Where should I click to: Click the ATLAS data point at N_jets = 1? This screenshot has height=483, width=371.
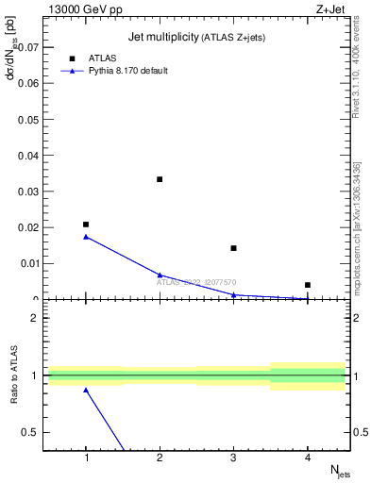[86, 225]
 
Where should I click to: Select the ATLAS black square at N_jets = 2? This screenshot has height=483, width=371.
[160, 179]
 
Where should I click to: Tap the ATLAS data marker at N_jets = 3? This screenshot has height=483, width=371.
[233, 248]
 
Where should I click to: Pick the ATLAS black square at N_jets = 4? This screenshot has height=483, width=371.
[308, 285]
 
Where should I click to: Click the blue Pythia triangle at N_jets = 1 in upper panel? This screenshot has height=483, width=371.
[86, 237]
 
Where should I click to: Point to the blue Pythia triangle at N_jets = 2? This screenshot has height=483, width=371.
[160, 275]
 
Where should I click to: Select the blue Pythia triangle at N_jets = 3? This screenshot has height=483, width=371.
[233, 295]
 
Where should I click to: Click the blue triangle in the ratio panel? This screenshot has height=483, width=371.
[86, 390]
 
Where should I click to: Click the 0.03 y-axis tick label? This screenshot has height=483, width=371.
[30, 192]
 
